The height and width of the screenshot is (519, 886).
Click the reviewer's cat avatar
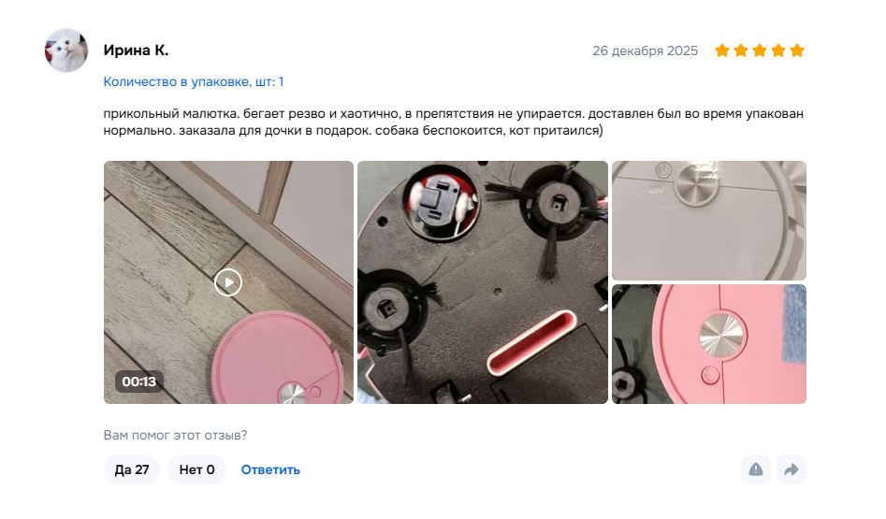[x=66, y=50]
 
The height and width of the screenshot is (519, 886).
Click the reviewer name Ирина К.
[x=136, y=50]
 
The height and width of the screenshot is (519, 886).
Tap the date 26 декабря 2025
[x=645, y=50]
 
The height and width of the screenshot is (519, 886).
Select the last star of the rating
[x=797, y=50]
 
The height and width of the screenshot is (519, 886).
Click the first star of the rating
[x=722, y=50]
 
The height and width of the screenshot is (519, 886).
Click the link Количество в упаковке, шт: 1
[x=194, y=82]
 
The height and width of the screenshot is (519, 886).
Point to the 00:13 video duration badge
[x=139, y=382]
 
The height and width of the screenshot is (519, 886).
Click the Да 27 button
[x=132, y=469]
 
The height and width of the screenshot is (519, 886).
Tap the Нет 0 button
[x=196, y=469]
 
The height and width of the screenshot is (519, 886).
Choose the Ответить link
[x=270, y=469]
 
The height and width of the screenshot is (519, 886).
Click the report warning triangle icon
[x=755, y=469]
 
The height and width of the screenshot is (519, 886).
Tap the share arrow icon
[x=792, y=469]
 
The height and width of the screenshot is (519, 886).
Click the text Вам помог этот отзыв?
[x=175, y=436]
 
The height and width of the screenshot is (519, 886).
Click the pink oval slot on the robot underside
[x=531, y=342]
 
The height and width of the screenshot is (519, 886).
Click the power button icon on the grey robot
[x=663, y=170]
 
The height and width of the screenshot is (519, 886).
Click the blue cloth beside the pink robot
[x=794, y=323]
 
